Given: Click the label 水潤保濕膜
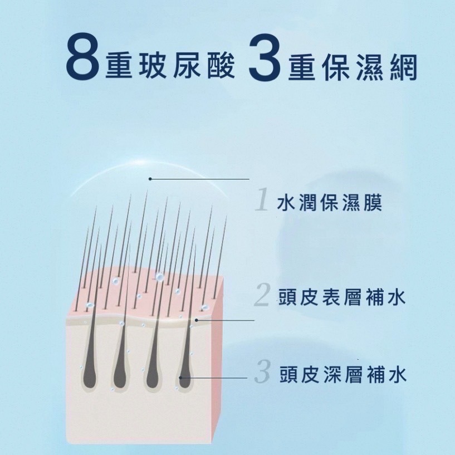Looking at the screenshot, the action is [329, 202].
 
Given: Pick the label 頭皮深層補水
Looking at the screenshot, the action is [343, 374].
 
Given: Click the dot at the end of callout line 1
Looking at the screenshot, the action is [150, 179].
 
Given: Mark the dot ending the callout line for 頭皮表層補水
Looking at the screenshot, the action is [197, 320].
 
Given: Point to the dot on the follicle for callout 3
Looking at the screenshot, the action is [180, 378].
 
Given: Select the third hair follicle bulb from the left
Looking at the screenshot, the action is [153, 375].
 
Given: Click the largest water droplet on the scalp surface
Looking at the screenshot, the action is [159, 277].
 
